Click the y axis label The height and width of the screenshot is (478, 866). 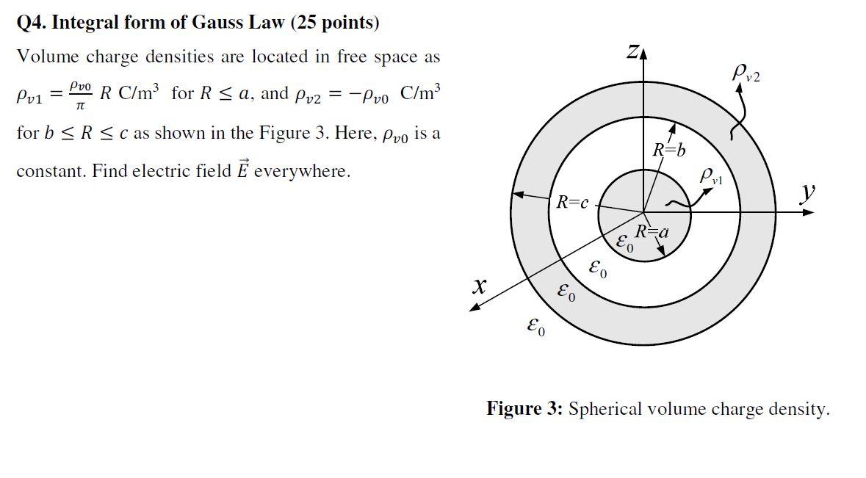pyautogui.click(x=808, y=192)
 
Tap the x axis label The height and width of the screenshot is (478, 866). pyautogui.click(x=479, y=286)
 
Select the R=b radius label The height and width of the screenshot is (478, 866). pyautogui.click(x=669, y=151)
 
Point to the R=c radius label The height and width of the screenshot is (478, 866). pyautogui.click(x=572, y=202)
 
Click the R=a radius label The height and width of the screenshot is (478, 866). pyautogui.click(x=652, y=232)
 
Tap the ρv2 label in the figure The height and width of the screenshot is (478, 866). pyautogui.click(x=746, y=73)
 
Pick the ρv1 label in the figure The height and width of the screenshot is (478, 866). pyautogui.click(x=710, y=175)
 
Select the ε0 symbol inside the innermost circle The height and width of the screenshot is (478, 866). pyautogui.click(x=624, y=243)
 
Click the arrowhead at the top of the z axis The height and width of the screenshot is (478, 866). pyautogui.click(x=644, y=54)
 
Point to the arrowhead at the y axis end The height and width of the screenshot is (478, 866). pyautogui.click(x=809, y=212)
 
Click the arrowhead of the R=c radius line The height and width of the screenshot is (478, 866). pyautogui.click(x=517, y=195)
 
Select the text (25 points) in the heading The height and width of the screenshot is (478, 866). pyautogui.click(x=335, y=23)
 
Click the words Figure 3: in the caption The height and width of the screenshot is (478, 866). pyautogui.click(x=524, y=409)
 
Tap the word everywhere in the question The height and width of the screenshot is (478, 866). pyautogui.click(x=302, y=171)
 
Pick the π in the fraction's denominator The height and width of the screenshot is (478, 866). pyautogui.click(x=81, y=106)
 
